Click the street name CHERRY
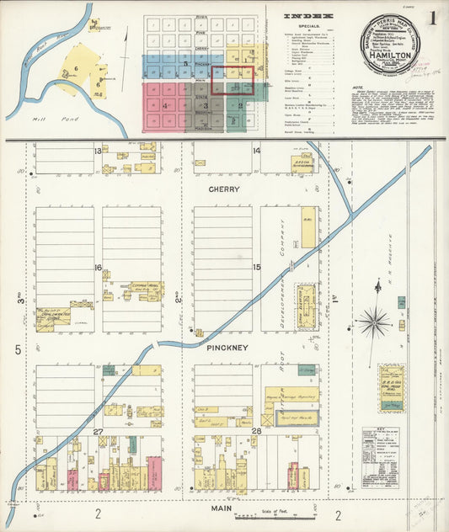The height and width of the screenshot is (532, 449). (x=224, y=190)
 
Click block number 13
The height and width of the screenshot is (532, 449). (x=98, y=151)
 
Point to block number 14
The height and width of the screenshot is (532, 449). (x=256, y=151)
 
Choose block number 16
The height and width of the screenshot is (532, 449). (x=99, y=268)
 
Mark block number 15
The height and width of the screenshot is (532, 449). (x=257, y=268)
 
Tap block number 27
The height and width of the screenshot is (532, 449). (x=98, y=431)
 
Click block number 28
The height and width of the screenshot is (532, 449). (x=257, y=431)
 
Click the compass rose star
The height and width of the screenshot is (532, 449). (x=372, y=321)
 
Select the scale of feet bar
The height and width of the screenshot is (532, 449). (x=268, y=515)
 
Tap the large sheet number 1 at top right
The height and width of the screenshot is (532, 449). (x=431, y=18)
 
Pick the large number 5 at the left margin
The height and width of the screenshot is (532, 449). (x=16, y=348)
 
